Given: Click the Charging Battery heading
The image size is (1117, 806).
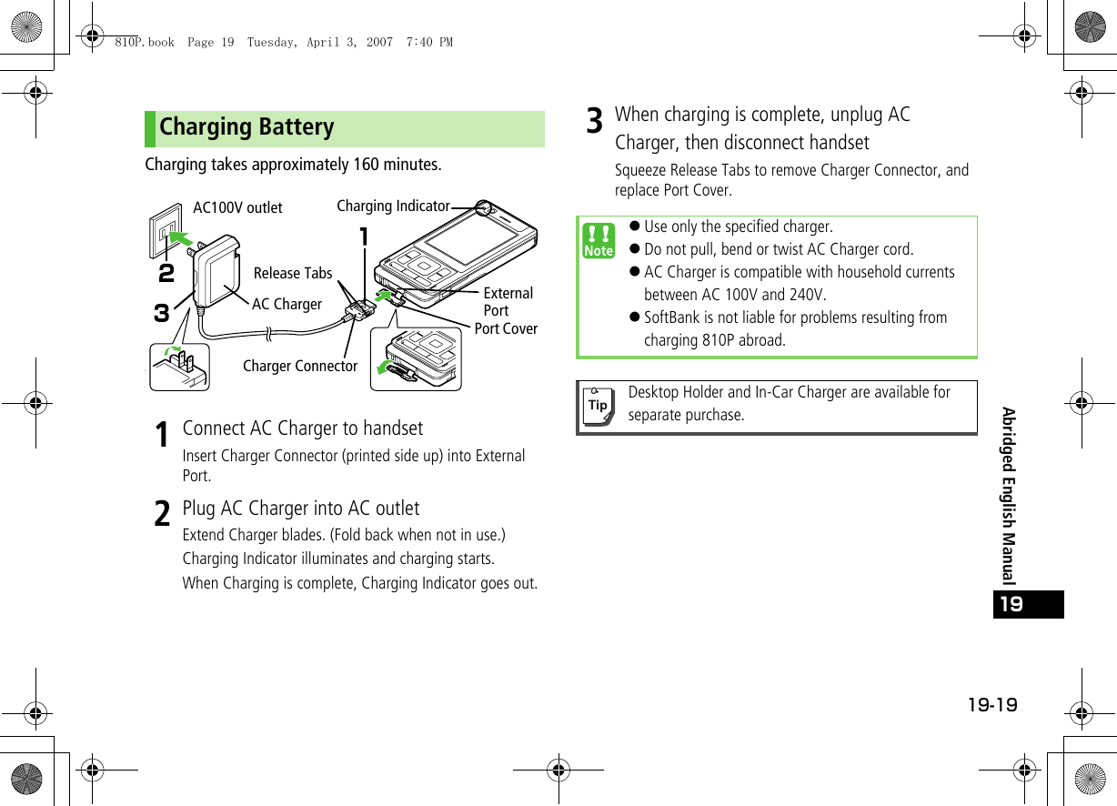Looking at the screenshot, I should click(247, 127).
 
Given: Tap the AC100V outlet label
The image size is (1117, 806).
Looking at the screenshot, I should click(237, 207).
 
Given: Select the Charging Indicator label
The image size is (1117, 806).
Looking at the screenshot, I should click(393, 207).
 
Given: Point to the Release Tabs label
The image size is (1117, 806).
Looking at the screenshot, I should click(293, 273).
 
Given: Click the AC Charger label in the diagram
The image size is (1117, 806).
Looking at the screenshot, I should click(287, 304).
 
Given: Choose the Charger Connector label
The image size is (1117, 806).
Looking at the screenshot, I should click(300, 366).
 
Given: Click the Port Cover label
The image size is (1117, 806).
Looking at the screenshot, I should click(506, 328).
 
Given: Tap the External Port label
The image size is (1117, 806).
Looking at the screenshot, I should click(508, 301).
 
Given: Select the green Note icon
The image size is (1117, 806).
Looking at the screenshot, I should click(599, 241).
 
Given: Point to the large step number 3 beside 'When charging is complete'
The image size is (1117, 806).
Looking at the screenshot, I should click(594, 121).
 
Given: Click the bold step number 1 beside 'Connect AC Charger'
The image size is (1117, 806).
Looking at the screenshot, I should click(161, 435).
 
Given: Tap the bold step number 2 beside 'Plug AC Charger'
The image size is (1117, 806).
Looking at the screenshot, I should click(161, 515).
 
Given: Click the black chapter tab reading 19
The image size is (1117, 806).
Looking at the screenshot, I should click(1028, 604).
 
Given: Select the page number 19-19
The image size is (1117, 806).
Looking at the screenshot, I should click(993, 706).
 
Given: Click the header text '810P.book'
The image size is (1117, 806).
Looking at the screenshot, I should click(144, 42).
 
